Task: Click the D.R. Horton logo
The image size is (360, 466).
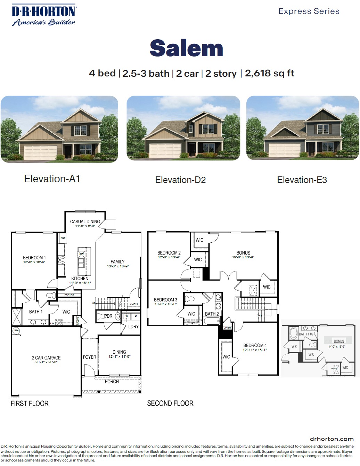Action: click(44, 15)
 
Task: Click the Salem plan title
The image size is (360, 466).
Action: click(186, 48)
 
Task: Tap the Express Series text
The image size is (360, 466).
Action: click(309, 11)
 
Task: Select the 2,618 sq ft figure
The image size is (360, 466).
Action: click(269, 73)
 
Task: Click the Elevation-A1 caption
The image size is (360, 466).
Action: click(52, 179)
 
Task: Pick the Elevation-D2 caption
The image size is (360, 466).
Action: click(180, 180)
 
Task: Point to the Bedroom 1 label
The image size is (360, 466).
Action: click(34, 258)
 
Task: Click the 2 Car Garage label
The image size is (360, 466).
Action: click(46, 358)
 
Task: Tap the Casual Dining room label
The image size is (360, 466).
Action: click(85, 222)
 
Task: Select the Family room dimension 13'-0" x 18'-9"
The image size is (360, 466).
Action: click(118, 266)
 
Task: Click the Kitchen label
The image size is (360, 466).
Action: click(80, 278)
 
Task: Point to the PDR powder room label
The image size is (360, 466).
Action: click(108, 316)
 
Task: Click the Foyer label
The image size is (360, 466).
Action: click(89, 357)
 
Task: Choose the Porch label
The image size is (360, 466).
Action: click(112, 381)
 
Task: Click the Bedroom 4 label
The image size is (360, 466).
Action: click(255, 346)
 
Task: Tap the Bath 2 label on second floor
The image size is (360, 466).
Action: click(212, 314)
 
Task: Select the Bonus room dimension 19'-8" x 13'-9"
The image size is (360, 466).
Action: click(243, 257)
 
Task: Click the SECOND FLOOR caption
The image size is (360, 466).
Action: click(170, 403)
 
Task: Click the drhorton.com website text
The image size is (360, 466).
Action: click(332, 439)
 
